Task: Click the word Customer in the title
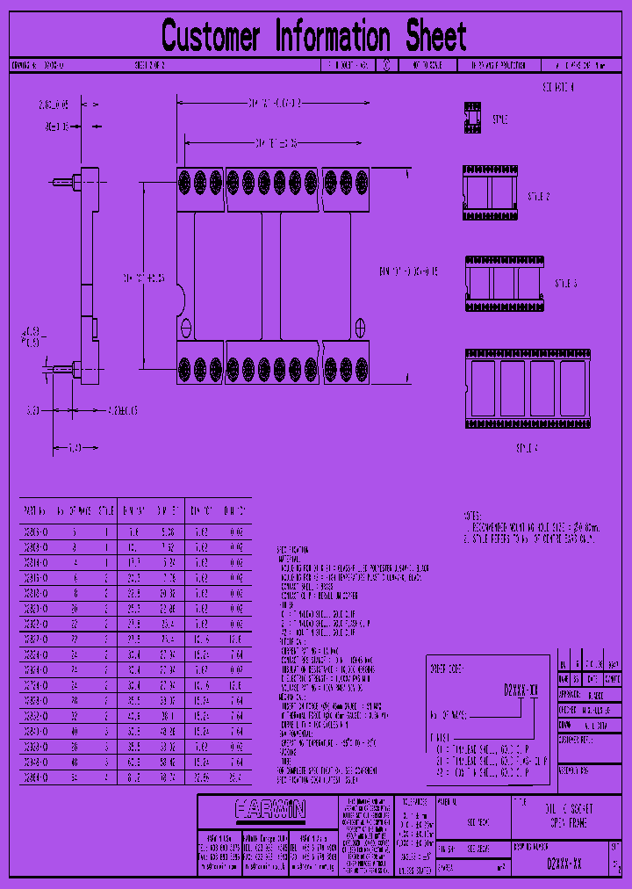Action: coord(211,37)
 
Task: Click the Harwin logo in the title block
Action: coord(269,807)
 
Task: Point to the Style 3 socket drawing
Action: coord(500,283)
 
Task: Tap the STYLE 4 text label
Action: coord(527,448)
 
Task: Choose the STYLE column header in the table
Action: coord(105,509)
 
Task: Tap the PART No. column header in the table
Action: coord(35,509)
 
